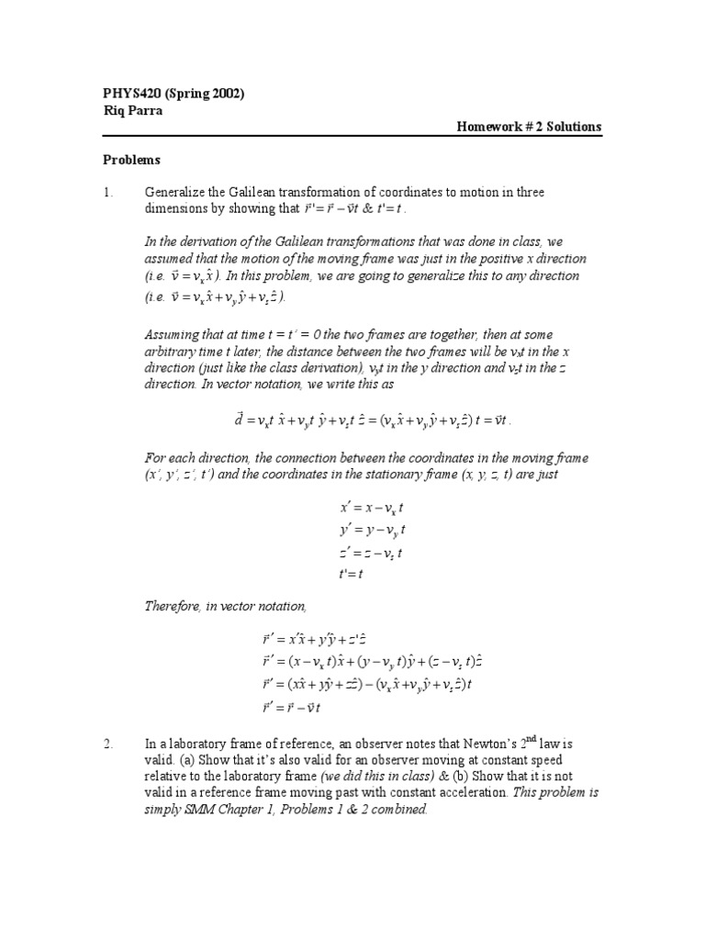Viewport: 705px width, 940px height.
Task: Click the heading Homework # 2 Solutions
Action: [x=530, y=128]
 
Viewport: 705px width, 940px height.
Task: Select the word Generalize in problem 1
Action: [x=174, y=192]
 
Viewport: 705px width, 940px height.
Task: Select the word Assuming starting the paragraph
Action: [x=175, y=334]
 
